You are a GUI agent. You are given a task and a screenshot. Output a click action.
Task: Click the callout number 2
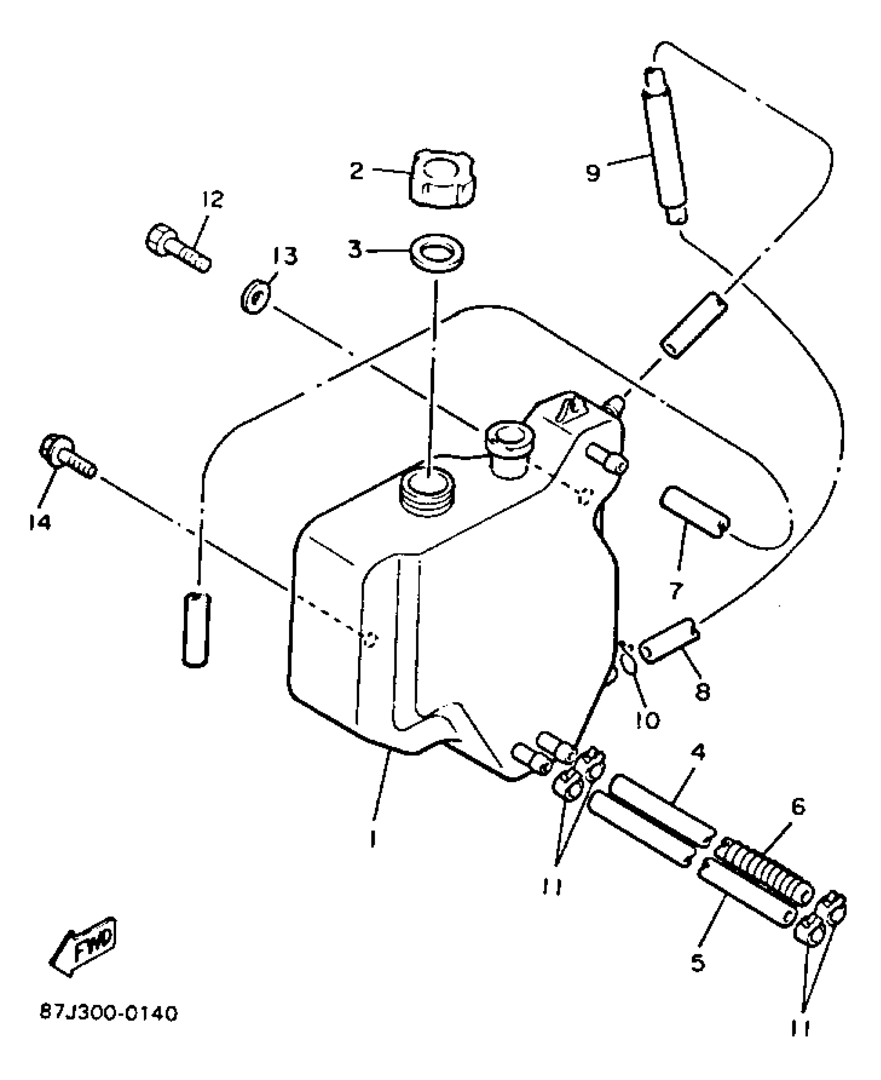click(x=357, y=171)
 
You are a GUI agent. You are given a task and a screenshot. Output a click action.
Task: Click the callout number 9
click(x=593, y=172)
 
